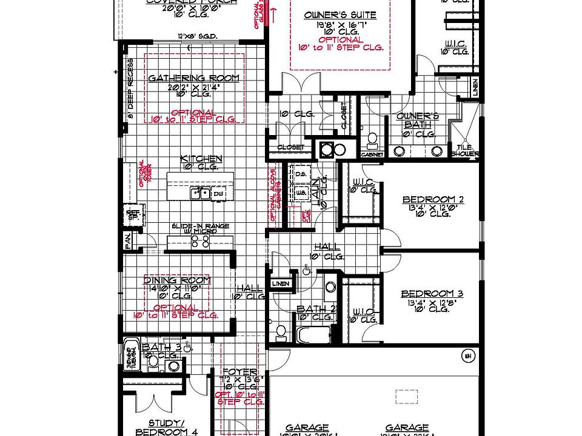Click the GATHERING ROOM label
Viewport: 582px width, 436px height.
194,78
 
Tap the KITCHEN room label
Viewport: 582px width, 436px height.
201,159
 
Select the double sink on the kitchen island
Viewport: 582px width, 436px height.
200,193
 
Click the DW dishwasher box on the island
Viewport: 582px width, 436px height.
216,193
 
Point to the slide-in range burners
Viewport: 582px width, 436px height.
201,240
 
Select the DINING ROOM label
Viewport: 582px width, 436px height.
177,280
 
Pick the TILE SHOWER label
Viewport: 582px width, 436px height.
464,150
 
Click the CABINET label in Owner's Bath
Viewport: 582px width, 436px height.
372,154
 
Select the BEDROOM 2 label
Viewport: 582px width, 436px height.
433,199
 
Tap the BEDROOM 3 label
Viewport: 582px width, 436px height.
432,294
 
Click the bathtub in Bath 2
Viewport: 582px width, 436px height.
314,335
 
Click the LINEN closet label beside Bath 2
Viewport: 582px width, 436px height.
281,283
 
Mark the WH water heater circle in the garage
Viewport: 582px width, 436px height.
467,355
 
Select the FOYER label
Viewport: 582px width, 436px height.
240,372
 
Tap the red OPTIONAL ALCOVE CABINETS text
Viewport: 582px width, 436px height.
273,194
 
